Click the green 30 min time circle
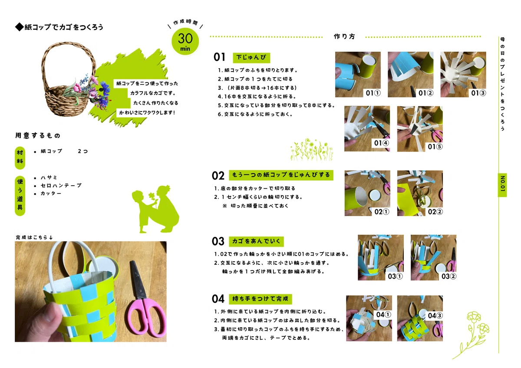click(185, 41)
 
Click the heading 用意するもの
click(38, 135)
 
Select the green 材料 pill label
click(20, 158)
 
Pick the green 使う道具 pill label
click(20, 196)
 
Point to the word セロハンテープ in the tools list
click(61, 185)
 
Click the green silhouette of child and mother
click(155, 209)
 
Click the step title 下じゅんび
click(251, 57)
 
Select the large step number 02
click(218, 176)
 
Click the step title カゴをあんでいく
click(256, 241)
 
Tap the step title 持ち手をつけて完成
click(260, 299)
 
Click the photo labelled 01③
click(463, 74)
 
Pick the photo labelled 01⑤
click(420, 129)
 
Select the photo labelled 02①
click(367, 193)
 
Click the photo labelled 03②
click(433, 258)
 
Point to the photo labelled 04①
click(369, 318)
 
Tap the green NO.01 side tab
click(502, 185)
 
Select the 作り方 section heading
click(344, 36)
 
